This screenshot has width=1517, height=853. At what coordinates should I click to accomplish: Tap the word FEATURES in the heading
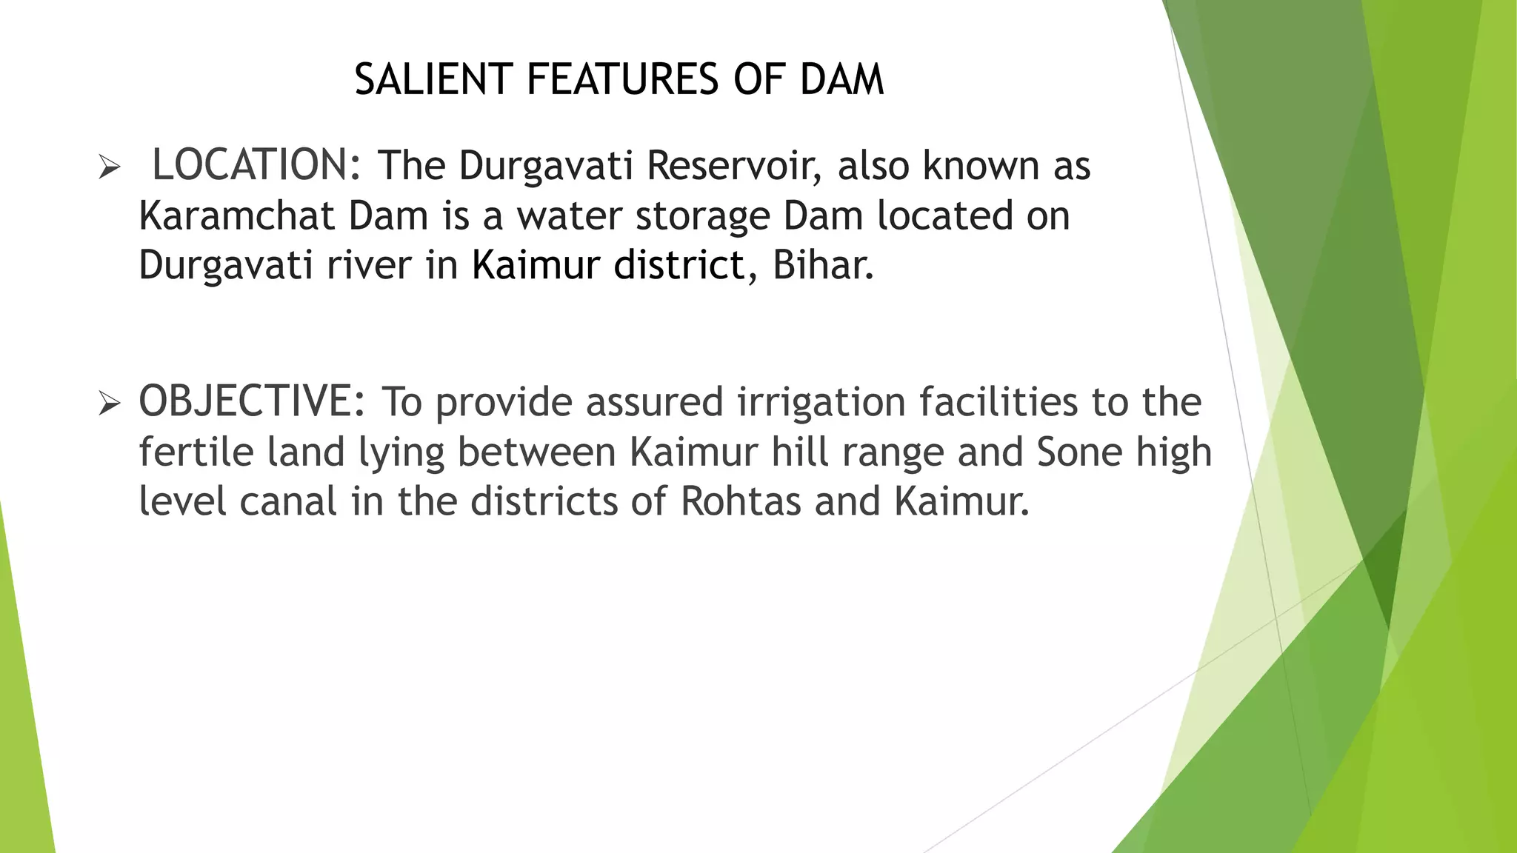click(x=621, y=79)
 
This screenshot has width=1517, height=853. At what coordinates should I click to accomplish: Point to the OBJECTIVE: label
click(x=252, y=401)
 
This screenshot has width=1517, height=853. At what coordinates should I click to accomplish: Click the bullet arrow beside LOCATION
click(x=109, y=168)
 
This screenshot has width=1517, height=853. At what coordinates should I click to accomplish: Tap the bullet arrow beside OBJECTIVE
click(x=109, y=404)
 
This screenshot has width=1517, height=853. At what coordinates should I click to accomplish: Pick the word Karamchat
click(x=236, y=215)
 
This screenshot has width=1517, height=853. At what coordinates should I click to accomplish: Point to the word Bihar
click(x=823, y=264)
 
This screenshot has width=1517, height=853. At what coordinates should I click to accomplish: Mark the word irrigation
click(x=821, y=403)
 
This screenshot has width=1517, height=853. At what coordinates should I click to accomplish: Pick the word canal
click(x=288, y=501)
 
